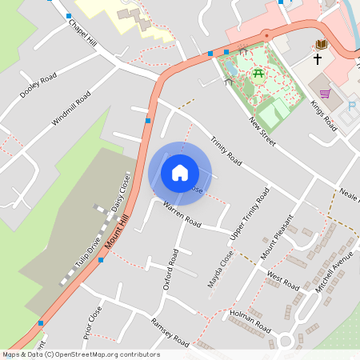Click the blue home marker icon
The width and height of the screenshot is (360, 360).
pos(180,173)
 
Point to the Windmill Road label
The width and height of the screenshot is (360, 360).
pos(71,112)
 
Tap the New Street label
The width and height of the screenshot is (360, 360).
pos(262,131)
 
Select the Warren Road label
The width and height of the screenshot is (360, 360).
pos(182,214)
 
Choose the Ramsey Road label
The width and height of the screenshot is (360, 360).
pos(170,333)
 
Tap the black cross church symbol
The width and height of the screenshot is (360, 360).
pos(317,59)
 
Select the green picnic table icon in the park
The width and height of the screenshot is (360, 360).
pos(258,74)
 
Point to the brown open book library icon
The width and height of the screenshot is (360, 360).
pos(322,44)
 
